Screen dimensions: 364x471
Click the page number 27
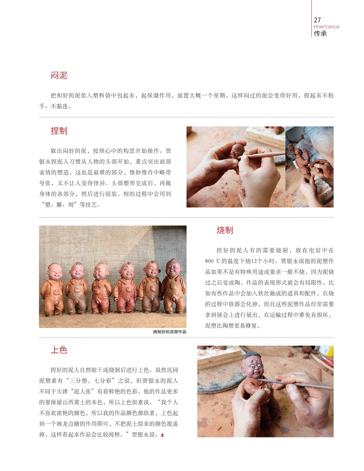(x=317, y=20)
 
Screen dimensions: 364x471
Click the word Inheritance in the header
(x=326, y=27)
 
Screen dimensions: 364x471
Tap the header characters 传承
(x=320, y=34)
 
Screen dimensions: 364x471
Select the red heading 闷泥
(x=59, y=75)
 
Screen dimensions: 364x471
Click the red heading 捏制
(x=59, y=131)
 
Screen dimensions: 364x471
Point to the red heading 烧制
(x=225, y=230)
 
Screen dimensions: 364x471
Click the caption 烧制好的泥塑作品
(x=170, y=332)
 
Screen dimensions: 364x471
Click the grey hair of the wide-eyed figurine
(x=252, y=355)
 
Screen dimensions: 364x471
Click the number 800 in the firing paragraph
(x=209, y=261)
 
